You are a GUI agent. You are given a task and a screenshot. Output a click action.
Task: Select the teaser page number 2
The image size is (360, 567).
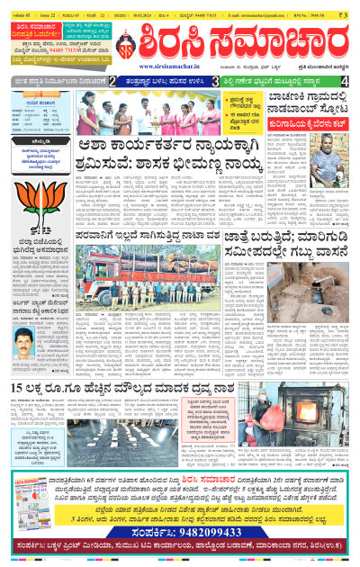(x=112, y=82)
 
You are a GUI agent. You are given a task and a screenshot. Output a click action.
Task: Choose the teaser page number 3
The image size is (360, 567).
(x=215, y=82)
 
